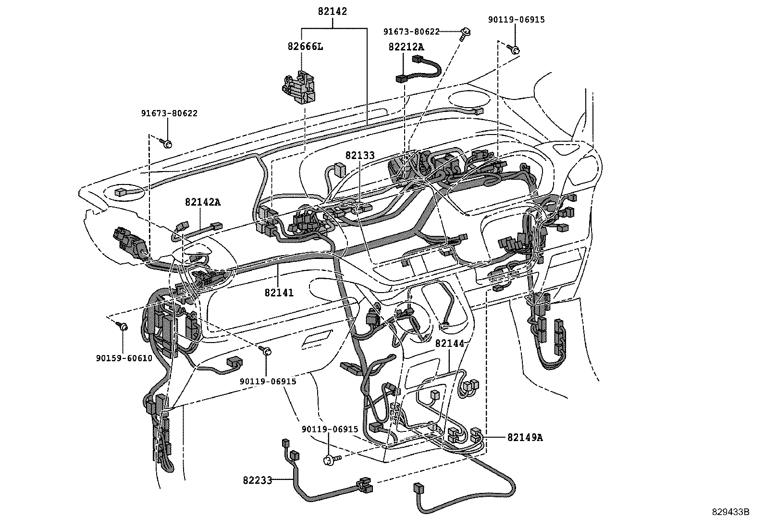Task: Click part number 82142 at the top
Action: [x=332, y=11]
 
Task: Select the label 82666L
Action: [x=306, y=46]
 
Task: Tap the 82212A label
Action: [x=407, y=47]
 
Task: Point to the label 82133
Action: [x=360, y=156]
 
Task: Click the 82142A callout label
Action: [x=202, y=202]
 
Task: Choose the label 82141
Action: [x=279, y=292]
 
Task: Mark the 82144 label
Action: [x=450, y=344]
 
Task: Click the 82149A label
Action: [x=525, y=438]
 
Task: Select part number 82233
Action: [x=258, y=479]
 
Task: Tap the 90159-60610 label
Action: [x=123, y=358]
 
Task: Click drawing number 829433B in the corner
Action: [x=730, y=512]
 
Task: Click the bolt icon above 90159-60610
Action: [x=123, y=327]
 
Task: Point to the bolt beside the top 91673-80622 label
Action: [x=465, y=33]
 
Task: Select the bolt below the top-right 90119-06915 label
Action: [x=514, y=49]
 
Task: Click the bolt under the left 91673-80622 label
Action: [x=168, y=143]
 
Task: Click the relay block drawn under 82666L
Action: [x=299, y=87]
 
